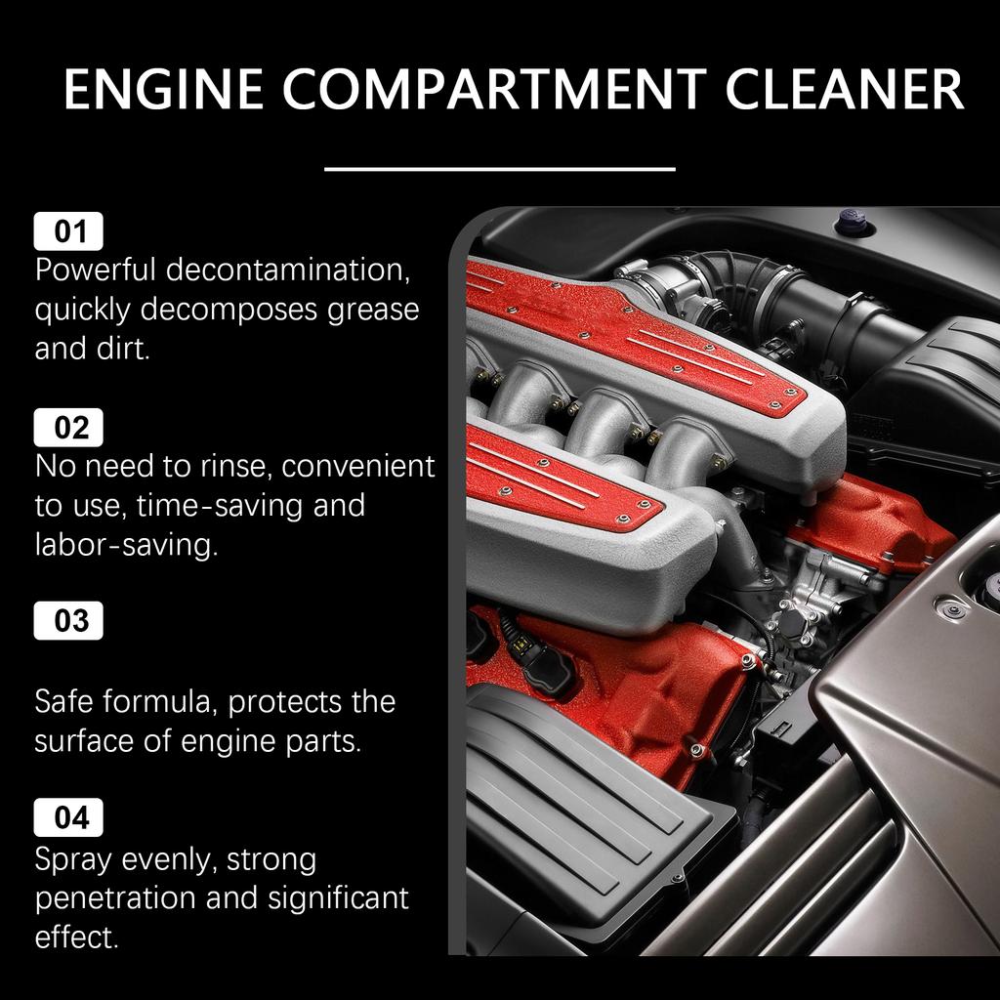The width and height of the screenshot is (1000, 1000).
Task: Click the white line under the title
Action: pos(499,169)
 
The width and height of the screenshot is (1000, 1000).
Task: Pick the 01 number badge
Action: pos(68,231)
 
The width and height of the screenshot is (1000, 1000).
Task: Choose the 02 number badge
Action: pos(68,428)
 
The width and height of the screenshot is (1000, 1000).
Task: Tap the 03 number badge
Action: pos(68,621)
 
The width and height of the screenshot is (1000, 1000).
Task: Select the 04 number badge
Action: pos(68,817)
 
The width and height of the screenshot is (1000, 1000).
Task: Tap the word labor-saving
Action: pos(126,545)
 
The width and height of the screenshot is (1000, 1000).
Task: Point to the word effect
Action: pos(76,937)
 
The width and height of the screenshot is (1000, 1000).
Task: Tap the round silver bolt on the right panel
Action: pos(945,610)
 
